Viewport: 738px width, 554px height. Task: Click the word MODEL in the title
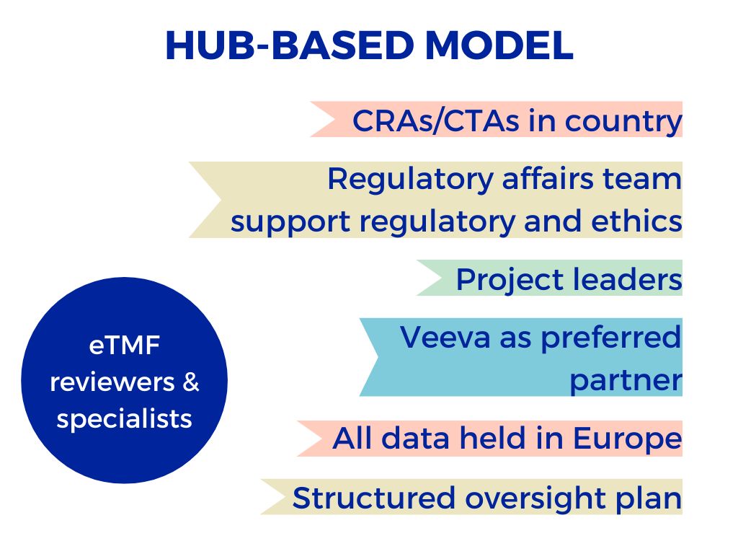(x=499, y=45)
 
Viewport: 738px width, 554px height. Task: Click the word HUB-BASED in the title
(x=290, y=45)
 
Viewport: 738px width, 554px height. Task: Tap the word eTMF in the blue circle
(x=124, y=346)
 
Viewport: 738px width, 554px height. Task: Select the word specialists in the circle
(x=124, y=419)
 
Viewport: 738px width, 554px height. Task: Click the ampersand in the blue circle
(x=190, y=382)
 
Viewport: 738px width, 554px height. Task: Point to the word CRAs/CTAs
(x=436, y=120)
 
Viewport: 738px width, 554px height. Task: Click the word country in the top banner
(x=623, y=122)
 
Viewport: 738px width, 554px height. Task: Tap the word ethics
(x=636, y=221)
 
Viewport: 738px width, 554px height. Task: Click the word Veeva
(x=445, y=338)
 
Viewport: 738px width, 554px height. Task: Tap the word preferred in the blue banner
(x=611, y=339)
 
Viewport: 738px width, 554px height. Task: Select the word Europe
(x=628, y=439)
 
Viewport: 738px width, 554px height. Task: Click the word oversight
(x=535, y=499)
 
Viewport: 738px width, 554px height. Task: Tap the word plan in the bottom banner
(x=649, y=499)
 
